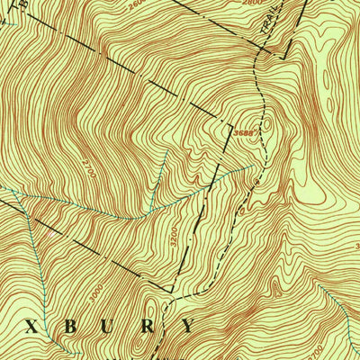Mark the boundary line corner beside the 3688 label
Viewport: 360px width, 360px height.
point(233,125)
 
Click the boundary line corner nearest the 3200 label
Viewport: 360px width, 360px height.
point(170,291)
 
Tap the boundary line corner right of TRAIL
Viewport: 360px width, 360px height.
point(286,56)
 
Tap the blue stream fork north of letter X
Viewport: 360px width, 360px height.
point(20,195)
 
